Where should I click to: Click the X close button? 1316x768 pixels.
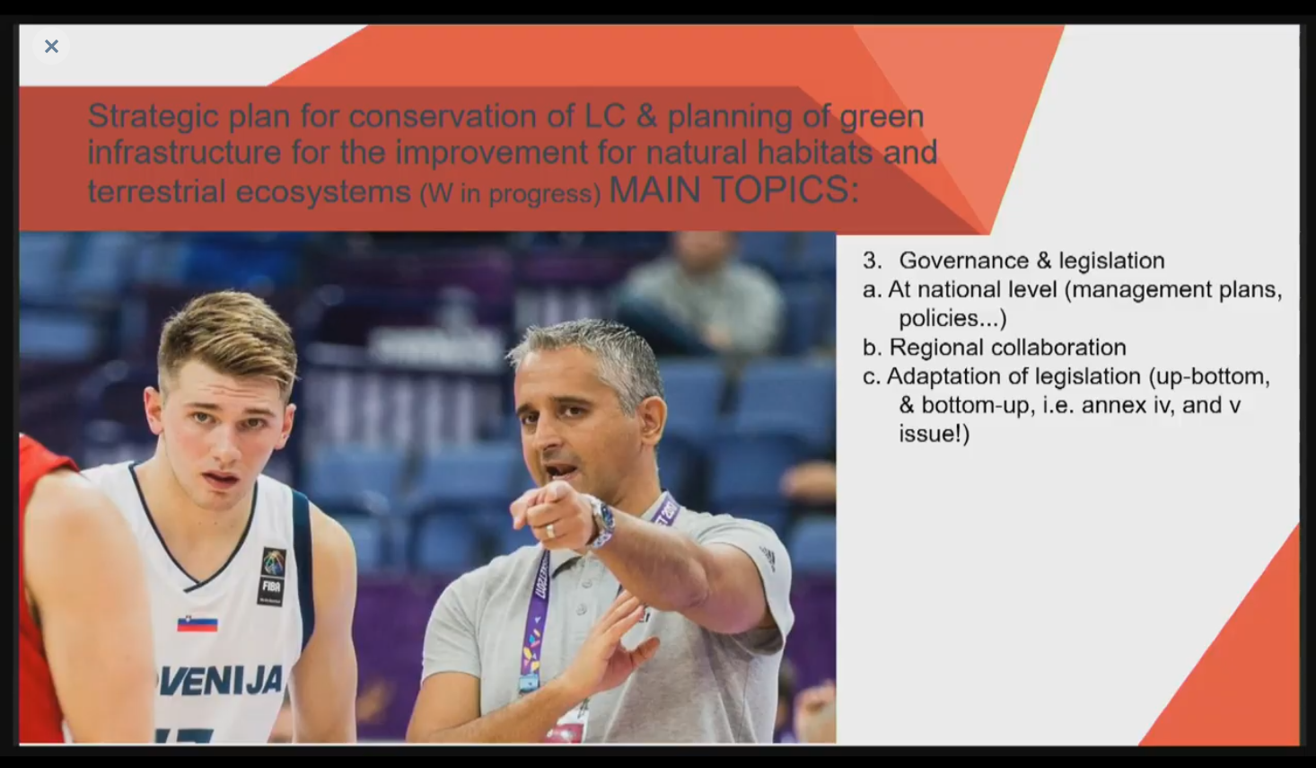(x=51, y=46)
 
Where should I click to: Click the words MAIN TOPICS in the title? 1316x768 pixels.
(x=733, y=190)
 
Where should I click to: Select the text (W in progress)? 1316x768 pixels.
(x=511, y=193)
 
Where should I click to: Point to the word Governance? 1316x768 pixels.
(x=963, y=260)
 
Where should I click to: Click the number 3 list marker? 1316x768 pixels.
(x=872, y=260)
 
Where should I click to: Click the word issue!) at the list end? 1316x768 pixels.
(x=934, y=434)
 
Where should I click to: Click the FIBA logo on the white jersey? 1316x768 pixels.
(x=272, y=576)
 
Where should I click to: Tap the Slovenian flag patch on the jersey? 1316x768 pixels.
(x=197, y=624)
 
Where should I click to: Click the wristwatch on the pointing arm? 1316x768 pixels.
(x=601, y=521)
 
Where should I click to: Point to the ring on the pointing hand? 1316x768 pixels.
(x=550, y=531)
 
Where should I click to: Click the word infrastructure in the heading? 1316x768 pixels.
(x=185, y=153)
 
